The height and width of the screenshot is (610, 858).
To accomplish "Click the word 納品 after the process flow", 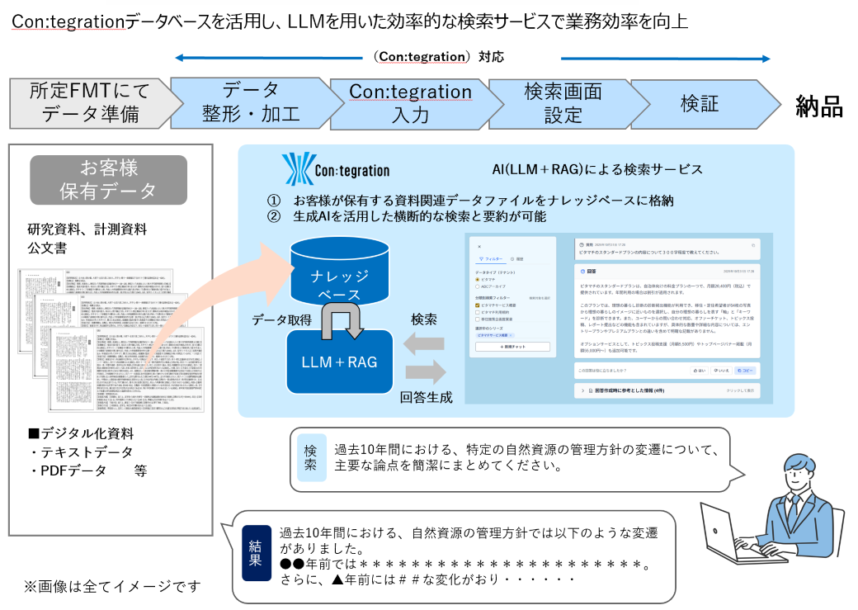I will click(818, 105).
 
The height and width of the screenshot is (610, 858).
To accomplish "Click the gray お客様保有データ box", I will click(108, 180).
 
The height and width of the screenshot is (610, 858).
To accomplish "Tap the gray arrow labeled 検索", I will click(422, 342).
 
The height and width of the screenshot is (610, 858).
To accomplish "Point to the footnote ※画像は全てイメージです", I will click(111, 586).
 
